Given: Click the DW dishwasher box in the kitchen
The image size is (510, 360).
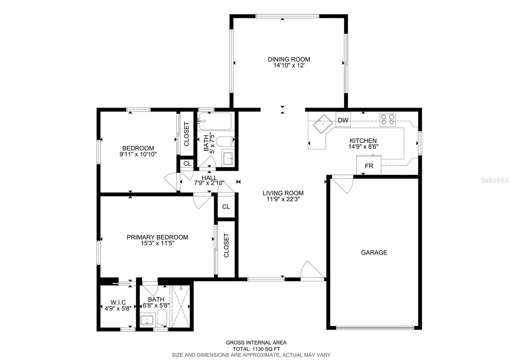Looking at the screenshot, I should coord(343,120).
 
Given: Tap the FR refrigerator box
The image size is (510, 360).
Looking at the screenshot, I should coord(369,166).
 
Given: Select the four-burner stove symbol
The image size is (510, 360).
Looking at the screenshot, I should coord(387,119).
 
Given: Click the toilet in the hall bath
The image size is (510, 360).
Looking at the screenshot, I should coord(225,140).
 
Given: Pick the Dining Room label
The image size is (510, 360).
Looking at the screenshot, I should coord(289,59).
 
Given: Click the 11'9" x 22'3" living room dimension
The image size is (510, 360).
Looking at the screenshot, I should coord(283,199).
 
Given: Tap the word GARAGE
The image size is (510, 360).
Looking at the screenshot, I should coord(374,252).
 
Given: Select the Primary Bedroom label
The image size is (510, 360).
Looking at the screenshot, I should coord(157,237).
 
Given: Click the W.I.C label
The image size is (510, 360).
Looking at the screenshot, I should coord(118,302).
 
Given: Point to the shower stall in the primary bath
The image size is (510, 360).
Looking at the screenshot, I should coord(181,306).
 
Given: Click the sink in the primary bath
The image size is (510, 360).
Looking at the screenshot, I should coord(147,320).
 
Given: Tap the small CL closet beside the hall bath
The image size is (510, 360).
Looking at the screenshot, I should coord(187,163).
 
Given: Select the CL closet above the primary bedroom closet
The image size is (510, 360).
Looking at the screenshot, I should coord(226,206).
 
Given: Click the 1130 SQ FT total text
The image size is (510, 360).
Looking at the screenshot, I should coord(257,349).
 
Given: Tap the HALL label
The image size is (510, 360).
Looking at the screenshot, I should coord(209,177).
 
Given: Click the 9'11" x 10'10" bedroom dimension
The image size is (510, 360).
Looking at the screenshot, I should coord(138,154).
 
